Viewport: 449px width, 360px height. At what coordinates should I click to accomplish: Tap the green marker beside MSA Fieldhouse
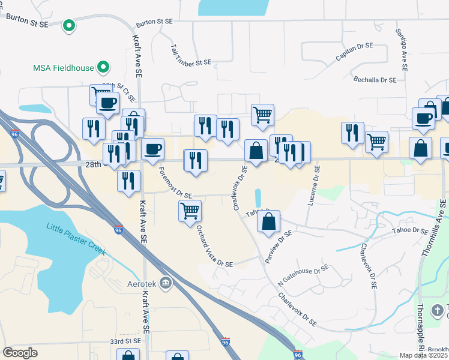coord(104,67)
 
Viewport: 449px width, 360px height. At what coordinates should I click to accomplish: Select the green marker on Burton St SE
coord(69,25)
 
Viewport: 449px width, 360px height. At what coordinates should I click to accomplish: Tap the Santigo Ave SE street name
coord(400,50)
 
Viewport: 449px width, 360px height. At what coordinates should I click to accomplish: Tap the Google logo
coord(20,353)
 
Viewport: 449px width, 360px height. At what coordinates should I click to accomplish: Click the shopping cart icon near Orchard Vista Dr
coord(190,211)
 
